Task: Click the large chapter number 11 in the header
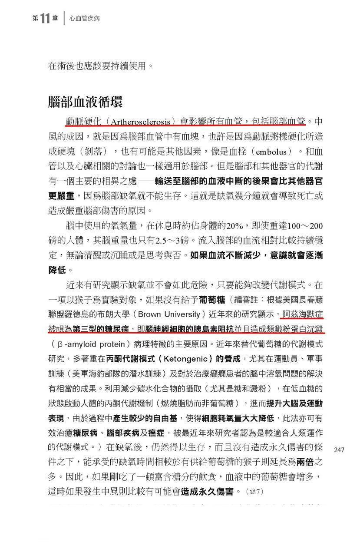(x=44, y=19)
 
